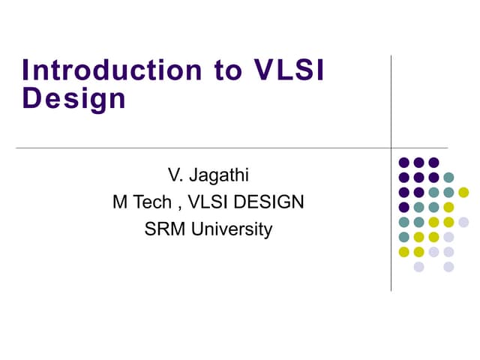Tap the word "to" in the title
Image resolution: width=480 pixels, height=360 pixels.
point(218,70)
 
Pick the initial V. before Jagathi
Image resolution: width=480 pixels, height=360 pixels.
point(175,177)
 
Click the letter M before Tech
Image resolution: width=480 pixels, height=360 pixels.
point(119,202)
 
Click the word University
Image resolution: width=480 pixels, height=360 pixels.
point(232,229)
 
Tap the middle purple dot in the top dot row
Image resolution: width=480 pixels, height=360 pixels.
point(418,162)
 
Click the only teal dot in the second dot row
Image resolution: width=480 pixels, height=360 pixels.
point(448,177)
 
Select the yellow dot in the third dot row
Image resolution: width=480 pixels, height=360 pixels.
point(463,192)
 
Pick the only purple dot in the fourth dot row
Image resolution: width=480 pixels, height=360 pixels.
point(404,207)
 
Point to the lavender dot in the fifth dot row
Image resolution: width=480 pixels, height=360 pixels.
point(463,222)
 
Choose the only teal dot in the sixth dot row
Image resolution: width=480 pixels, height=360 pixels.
point(404,237)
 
